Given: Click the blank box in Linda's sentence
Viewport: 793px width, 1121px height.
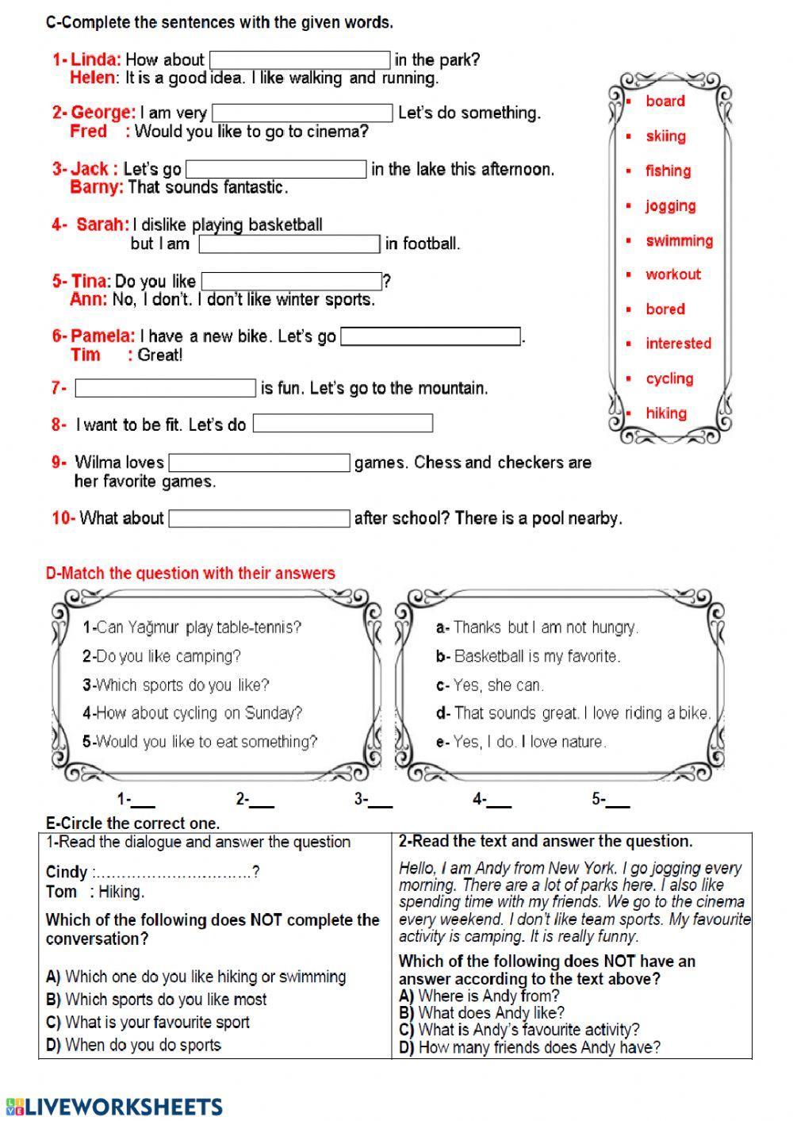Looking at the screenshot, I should [x=300, y=60].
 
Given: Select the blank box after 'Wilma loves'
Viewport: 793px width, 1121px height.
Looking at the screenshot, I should [x=259, y=463].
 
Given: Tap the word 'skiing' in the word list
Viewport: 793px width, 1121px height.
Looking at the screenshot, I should [x=665, y=136].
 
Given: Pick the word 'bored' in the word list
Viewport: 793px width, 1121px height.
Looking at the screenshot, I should [x=665, y=309].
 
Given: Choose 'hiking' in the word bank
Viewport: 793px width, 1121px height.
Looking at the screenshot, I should [x=665, y=413].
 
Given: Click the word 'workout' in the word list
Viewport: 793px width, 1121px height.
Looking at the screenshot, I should [x=672, y=274].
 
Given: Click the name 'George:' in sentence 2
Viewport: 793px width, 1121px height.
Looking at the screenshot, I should [x=103, y=113].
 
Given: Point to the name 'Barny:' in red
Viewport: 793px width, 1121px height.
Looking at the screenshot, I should [x=97, y=188].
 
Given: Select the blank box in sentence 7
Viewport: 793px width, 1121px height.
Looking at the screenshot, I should [x=165, y=389].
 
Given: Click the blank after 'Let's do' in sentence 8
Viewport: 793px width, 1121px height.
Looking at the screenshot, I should [x=343, y=424].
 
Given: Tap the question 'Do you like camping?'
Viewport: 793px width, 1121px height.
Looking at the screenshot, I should [x=162, y=657].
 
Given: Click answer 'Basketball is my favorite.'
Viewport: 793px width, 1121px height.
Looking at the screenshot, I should [x=529, y=657].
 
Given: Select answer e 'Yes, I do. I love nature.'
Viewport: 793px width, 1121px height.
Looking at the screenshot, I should [x=522, y=743].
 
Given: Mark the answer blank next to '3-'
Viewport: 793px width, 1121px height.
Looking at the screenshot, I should [x=381, y=800].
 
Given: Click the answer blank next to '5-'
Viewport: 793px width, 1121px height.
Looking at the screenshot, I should [x=619, y=800].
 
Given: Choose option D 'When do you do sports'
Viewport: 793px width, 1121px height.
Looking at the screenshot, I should [x=134, y=1046].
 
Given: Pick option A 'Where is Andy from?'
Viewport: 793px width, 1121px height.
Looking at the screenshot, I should [x=480, y=996].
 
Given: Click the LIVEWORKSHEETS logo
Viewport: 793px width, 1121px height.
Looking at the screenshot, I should [x=114, y=1107].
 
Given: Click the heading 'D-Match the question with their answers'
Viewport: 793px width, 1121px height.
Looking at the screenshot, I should [x=190, y=574].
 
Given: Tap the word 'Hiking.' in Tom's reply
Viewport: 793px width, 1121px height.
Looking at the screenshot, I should [x=121, y=892].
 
